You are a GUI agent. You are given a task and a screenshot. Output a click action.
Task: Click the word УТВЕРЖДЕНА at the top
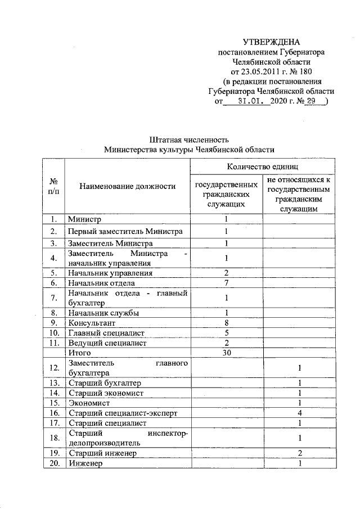tap(272, 42)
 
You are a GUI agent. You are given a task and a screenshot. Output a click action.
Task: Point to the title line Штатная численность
tap(188, 139)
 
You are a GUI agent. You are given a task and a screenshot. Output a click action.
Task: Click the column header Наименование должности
tap(127, 186)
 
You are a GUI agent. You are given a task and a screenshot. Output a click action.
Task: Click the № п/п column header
tap(53, 186)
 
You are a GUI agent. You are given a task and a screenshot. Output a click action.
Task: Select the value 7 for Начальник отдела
tap(226, 282)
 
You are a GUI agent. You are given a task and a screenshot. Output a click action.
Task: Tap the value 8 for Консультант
tap(226, 323)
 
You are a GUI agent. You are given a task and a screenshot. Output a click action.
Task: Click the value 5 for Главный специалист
tap(226, 333)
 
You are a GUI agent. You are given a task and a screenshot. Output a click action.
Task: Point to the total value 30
tap(226, 353)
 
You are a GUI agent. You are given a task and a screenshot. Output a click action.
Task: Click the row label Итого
tap(79, 353)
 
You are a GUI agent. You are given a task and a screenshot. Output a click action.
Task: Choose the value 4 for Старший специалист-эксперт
tap(300, 413)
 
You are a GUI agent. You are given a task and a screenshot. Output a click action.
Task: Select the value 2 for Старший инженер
tap(300, 453)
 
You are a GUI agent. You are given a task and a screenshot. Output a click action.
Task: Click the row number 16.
tap(54, 413)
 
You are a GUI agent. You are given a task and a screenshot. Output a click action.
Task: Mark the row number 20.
tap(54, 463)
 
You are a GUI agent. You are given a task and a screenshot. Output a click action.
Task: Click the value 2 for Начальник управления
tap(226, 273)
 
